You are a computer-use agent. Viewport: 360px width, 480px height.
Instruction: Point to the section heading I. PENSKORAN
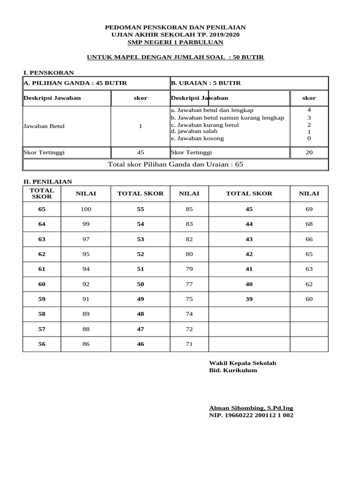(x=49, y=73)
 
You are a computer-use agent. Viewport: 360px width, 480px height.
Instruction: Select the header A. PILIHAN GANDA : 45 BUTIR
(x=75, y=83)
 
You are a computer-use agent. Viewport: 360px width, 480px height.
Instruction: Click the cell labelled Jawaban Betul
(x=44, y=126)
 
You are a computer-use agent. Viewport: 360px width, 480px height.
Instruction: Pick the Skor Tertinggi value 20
(x=309, y=152)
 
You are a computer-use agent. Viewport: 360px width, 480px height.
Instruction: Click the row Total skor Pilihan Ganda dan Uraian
(x=175, y=165)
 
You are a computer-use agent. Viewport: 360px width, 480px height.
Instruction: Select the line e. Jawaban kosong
(x=197, y=138)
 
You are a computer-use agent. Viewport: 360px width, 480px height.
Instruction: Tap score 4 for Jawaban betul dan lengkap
(x=309, y=110)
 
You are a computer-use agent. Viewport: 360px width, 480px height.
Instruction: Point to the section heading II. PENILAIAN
(x=48, y=182)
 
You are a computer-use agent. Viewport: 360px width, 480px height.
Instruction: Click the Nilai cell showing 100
(x=86, y=209)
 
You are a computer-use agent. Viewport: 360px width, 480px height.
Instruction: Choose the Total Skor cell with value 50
(x=141, y=284)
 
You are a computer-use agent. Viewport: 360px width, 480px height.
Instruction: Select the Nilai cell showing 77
(x=189, y=284)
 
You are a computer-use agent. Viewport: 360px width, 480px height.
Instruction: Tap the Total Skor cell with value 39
(x=249, y=299)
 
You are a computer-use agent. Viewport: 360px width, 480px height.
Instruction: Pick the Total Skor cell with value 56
(x=42, y=344)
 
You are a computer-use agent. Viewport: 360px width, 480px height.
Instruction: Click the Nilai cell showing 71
(x=189, y=344)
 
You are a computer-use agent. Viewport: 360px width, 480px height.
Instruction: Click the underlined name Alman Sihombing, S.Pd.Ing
(x=251, y=408)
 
